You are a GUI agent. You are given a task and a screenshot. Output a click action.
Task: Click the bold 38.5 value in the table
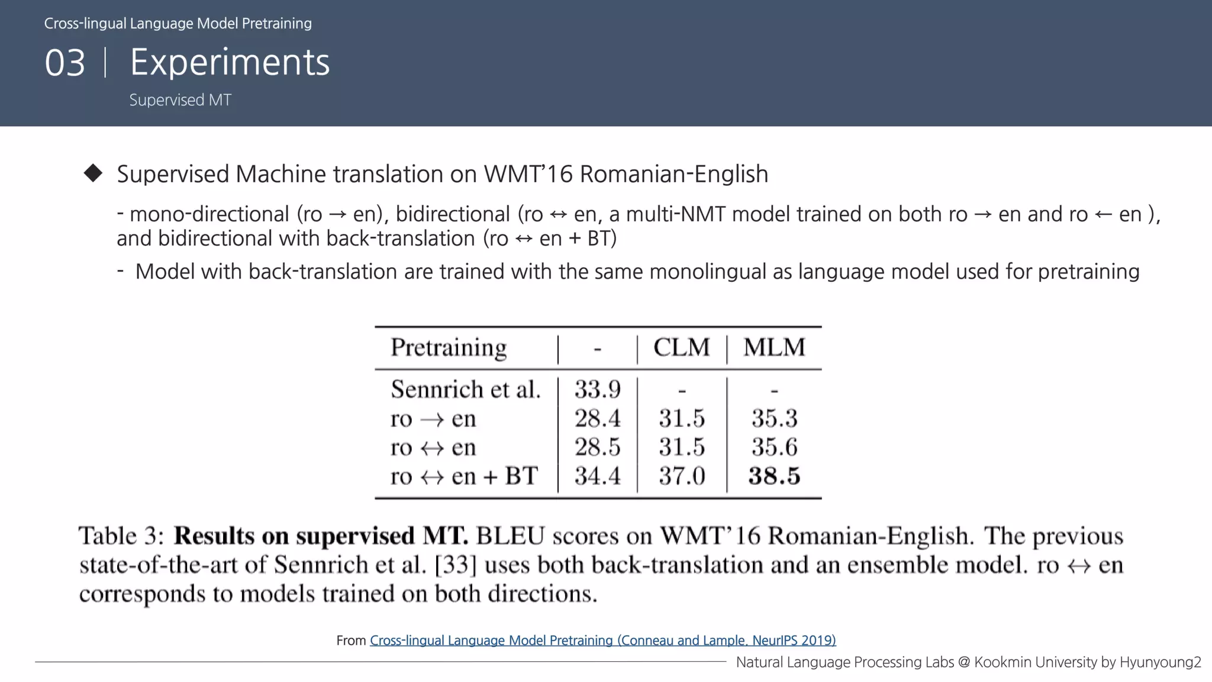pos(774,476)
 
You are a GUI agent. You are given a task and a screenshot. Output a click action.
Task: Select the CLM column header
pos(681,348)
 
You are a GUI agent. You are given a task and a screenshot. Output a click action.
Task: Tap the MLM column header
pos(774,348)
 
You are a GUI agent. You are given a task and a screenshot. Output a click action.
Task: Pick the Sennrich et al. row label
pos(466,390)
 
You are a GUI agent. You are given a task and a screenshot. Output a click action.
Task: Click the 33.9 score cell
pos(597,390)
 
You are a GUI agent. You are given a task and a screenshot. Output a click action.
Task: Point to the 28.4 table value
pos(597,419)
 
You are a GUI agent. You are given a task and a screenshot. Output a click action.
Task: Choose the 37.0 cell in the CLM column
pos(682,476)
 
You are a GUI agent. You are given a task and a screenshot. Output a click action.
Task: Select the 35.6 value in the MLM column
pos(774,447)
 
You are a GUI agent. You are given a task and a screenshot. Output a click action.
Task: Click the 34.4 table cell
pos(597,476)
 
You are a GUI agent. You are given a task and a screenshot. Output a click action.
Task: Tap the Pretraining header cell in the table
pos(449,348)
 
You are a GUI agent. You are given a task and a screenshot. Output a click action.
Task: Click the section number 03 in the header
pos(65,63)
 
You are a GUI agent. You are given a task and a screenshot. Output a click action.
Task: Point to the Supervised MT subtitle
pos(180,100)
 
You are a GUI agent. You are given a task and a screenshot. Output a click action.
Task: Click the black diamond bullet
pos(93,173)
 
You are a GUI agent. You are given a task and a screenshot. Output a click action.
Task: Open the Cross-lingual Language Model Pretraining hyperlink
pos(602,640)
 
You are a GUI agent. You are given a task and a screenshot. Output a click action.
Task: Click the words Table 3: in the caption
pos(121,536)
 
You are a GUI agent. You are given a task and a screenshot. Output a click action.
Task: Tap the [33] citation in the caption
pos(455,565)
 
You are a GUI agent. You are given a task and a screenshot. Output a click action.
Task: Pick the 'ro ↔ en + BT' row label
pos(464,476)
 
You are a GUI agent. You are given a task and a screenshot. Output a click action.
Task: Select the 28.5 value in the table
pos(597,447)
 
